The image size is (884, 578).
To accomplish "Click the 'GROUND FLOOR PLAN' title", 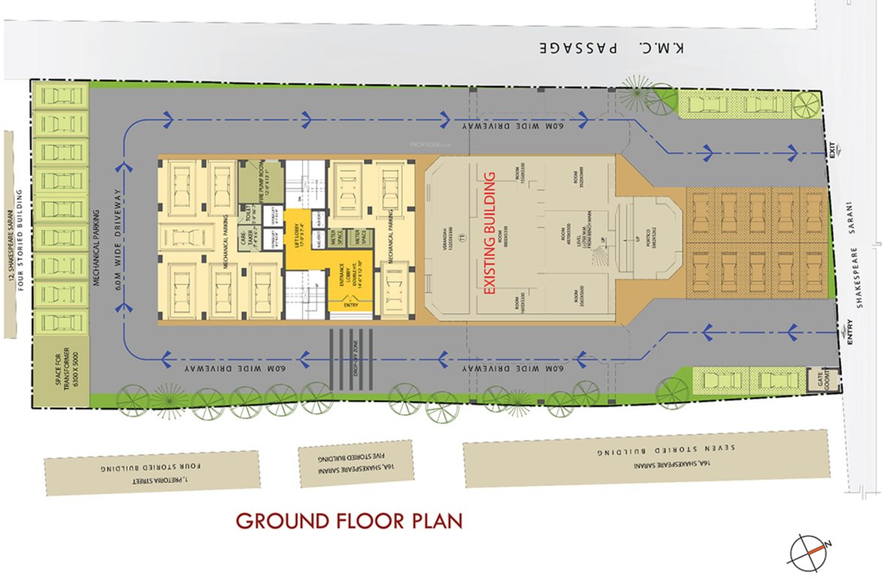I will (x=349, y=521).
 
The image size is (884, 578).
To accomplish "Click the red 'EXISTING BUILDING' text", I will (x=489, y=233).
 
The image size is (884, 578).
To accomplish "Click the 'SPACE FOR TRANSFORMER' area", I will (x=59, y=368).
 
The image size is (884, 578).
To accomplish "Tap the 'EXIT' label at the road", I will (x=832, y=150).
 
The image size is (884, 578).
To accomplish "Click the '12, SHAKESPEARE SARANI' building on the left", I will (x=16, y=236).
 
